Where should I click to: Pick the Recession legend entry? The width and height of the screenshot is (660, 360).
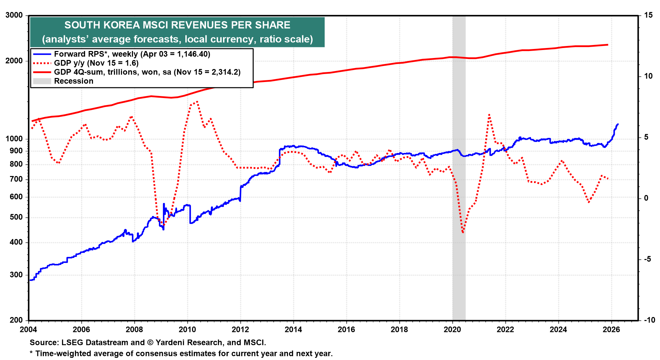click(x=73, y=81)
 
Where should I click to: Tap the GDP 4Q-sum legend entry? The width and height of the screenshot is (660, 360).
click(x=147, y=72)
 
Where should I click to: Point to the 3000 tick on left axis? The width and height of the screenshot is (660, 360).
click(x=14, y=15)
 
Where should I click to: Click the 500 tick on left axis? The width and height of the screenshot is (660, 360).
click(x=16, y=217)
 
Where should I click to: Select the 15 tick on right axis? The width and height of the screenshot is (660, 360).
click(x=648, y=15)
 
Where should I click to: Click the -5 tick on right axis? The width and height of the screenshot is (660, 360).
click(x=647, y=259)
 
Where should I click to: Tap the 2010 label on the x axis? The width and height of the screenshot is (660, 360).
click(x=187, y=330)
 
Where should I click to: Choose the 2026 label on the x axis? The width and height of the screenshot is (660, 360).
click(x=611, y=330)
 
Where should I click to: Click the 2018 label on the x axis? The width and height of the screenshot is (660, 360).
click(x=399, y=330)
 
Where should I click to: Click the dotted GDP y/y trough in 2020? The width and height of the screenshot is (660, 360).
click(x=463, y=232)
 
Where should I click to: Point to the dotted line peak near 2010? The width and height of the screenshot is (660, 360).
click(x=197, y=102)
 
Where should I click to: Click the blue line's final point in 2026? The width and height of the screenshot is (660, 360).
click(x=618, y=124)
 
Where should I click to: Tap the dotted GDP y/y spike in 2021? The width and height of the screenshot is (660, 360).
click(x=489, y=115)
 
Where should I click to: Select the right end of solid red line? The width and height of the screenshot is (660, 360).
click(x=607, y=45)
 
